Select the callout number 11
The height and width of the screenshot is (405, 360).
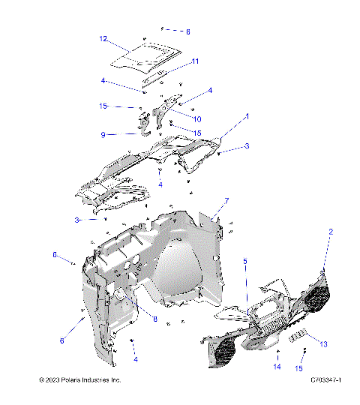click(x=195, y=61)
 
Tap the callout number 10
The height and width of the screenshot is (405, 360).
click(x=197, y=118)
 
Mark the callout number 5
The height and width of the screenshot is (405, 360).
click(x=244, y=261)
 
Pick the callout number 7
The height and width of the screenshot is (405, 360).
click(x=226, y=201)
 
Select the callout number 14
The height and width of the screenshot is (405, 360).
click(x=277, y=367)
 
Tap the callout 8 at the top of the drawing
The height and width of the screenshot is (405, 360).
click(x=188, y=32)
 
